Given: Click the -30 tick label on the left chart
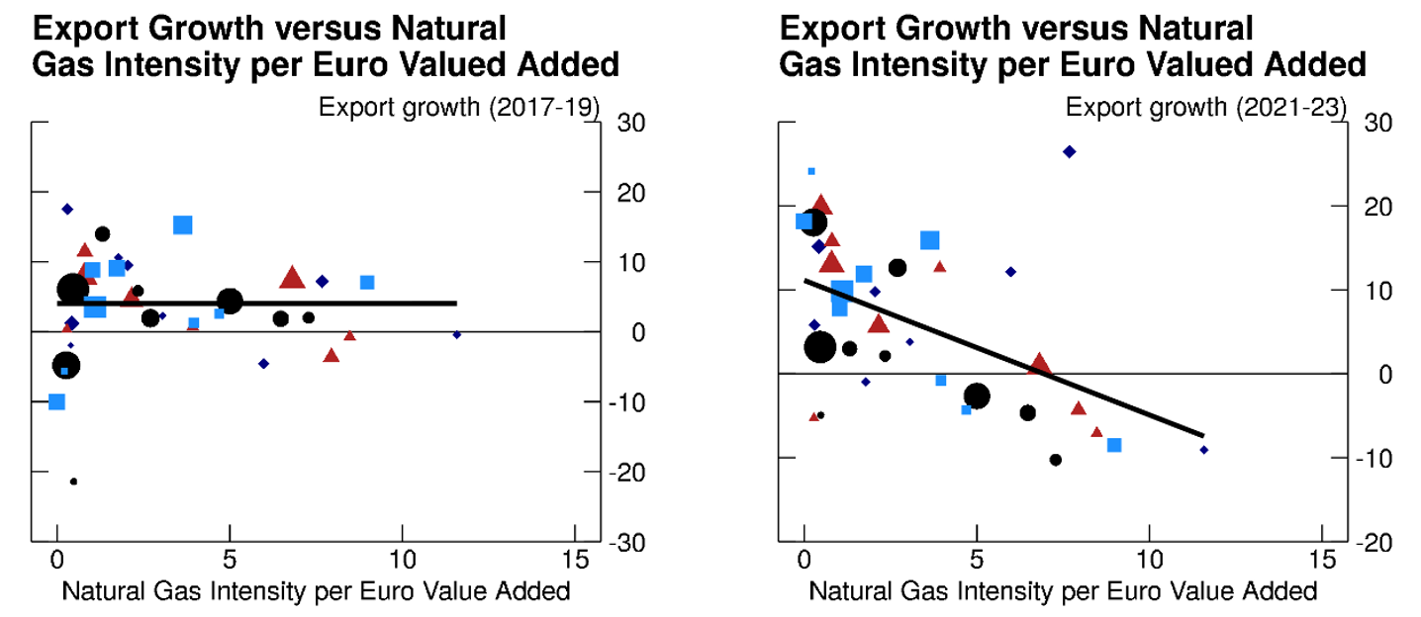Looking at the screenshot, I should [x=628, y=543].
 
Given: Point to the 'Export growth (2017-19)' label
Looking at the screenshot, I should [x=459, y=107].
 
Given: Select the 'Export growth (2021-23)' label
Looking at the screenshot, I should [x=1206, y=107].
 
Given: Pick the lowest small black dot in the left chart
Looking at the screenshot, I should [x=73, y=482].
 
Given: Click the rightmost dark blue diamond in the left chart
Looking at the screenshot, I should [x=457, y=334].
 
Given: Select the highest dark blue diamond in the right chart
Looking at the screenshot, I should [x=1069, y=151].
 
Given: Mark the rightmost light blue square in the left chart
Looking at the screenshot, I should [x=367, y=282].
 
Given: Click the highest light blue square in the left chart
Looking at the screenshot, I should [x=182, y=224].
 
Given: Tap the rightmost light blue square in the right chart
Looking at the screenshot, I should [x=1114, y=445].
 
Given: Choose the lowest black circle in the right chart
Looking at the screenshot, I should [x=1056, y=460].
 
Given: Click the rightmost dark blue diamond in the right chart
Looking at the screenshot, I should [x=1204, y=450].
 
